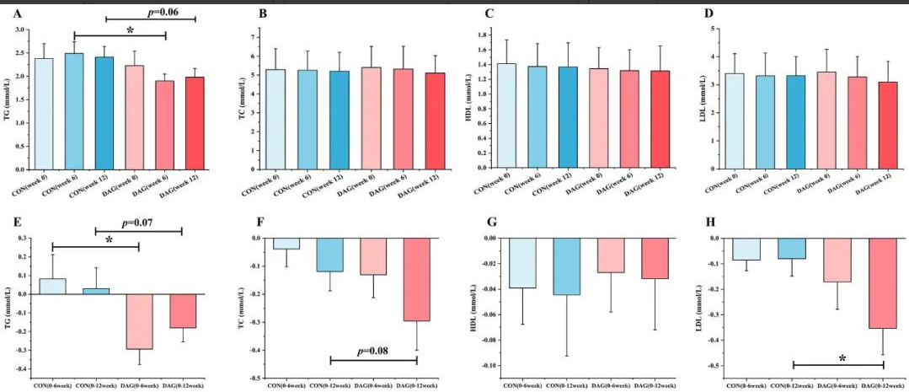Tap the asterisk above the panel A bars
click(x=131, y=30)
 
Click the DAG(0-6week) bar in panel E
click(x=139, y=321)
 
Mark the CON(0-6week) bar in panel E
click(x=52, y=286)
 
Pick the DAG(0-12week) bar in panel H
click(x=882, y=283)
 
